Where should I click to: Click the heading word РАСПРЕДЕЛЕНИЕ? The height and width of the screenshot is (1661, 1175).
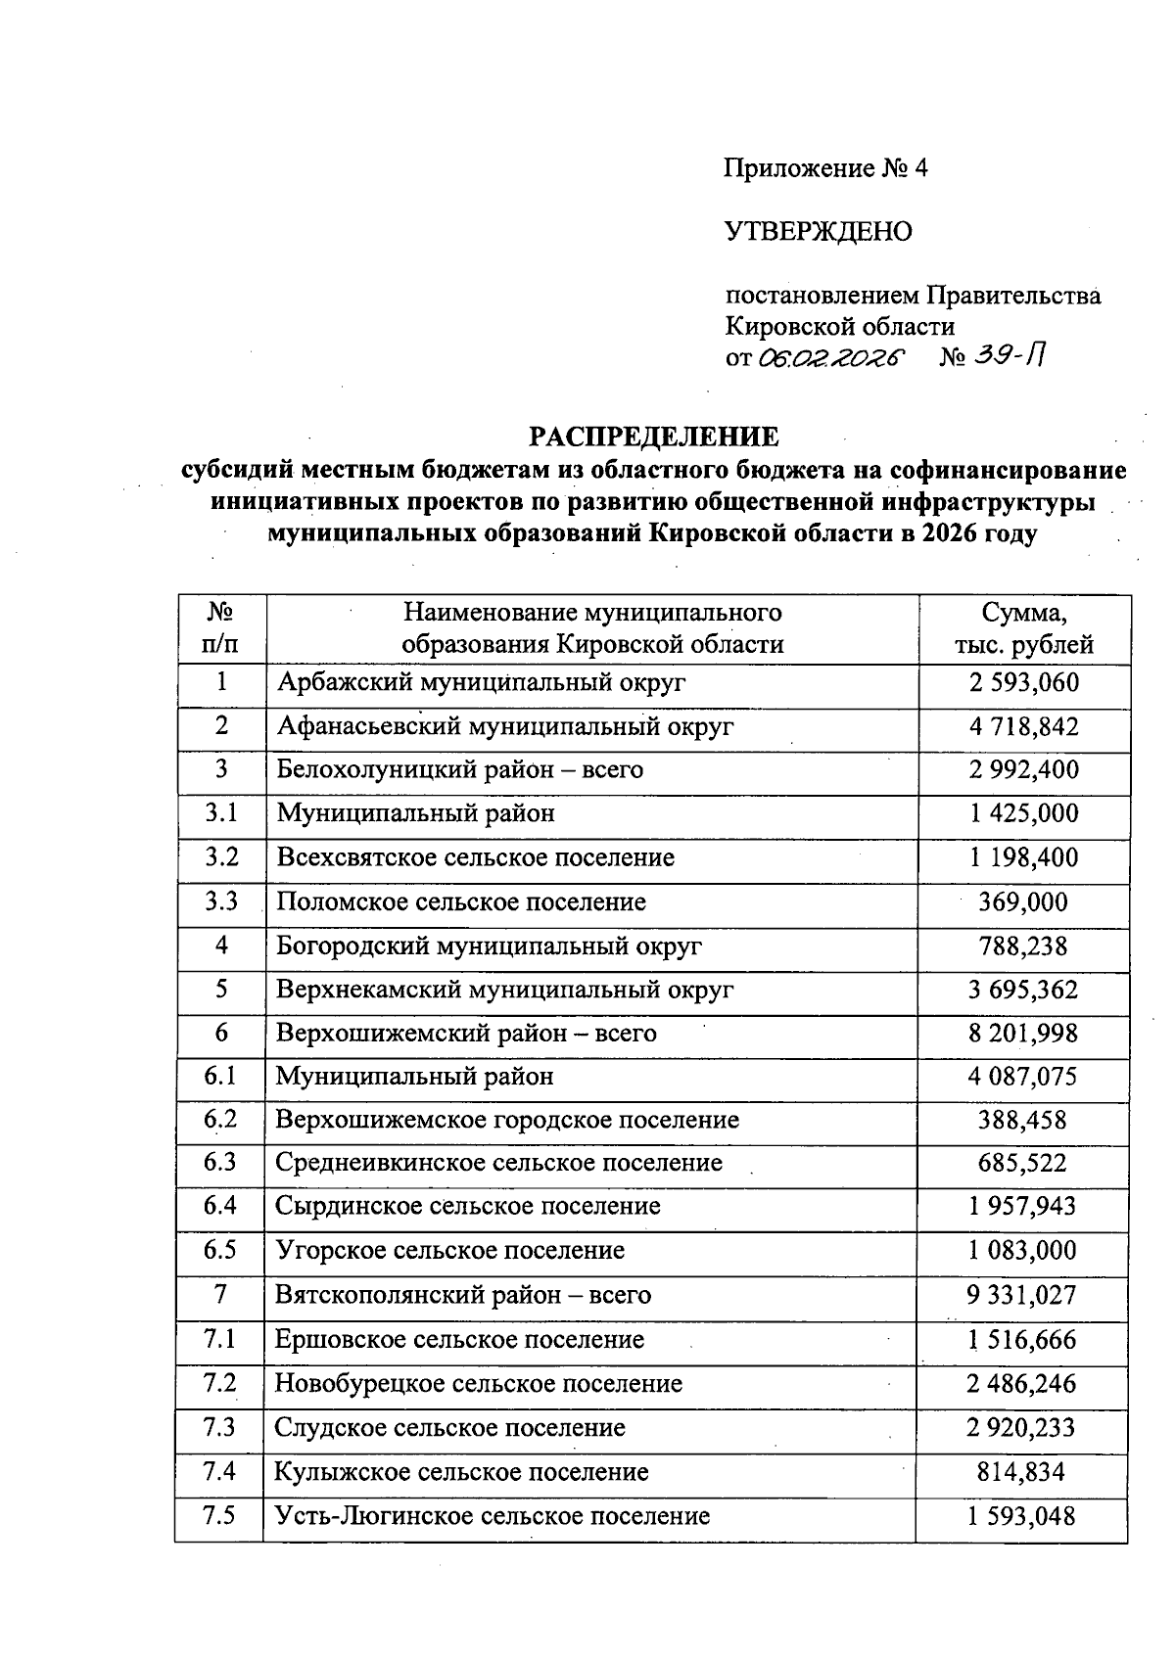pos(654,437)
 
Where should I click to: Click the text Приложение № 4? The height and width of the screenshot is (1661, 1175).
pos(825,168)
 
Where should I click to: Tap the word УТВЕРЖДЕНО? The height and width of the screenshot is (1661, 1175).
pos(818,232)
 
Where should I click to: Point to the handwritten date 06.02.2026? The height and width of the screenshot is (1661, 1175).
pos(828,358)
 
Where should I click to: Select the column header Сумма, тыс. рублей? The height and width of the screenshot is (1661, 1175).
pos(1023,628)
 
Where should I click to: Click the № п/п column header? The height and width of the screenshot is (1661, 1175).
pos(221,628)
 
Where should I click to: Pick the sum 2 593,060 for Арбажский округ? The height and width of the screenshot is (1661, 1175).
pos(1023,682)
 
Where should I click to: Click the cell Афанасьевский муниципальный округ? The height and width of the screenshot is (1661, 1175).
pos(505,726)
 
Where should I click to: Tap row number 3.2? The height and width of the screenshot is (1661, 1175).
pos(221,857)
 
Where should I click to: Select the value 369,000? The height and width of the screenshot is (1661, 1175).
pos(1023,901)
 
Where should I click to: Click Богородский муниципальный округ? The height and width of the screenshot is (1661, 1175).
pos(489,946)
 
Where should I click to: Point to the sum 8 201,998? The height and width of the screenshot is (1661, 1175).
pos(1023,1033)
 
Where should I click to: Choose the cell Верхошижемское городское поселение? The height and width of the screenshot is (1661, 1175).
pos(507,1120)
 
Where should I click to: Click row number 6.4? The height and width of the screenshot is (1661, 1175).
pos(220,1206)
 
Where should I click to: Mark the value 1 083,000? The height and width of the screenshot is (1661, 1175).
pos(1023,1250)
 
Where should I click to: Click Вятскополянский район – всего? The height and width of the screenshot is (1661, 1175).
pos(462,1295)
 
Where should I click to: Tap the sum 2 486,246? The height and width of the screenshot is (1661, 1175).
pos(1021,1384)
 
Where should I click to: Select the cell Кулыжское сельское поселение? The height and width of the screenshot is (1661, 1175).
pos(461,1472)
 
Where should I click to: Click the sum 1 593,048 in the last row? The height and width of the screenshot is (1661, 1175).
pos(1021,1516)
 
